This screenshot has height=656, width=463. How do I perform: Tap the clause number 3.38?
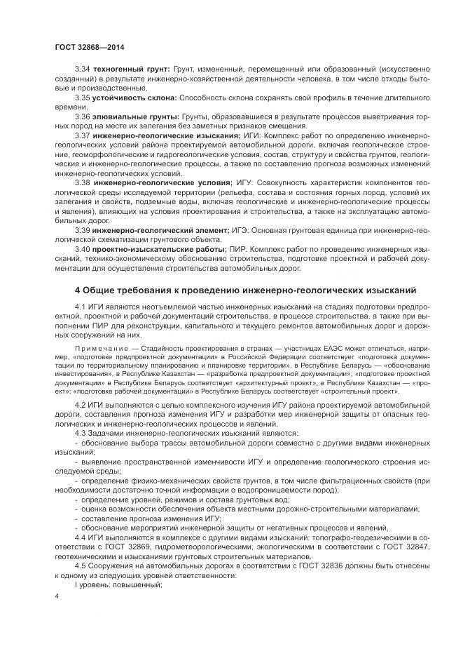click(x=83, y=182)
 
